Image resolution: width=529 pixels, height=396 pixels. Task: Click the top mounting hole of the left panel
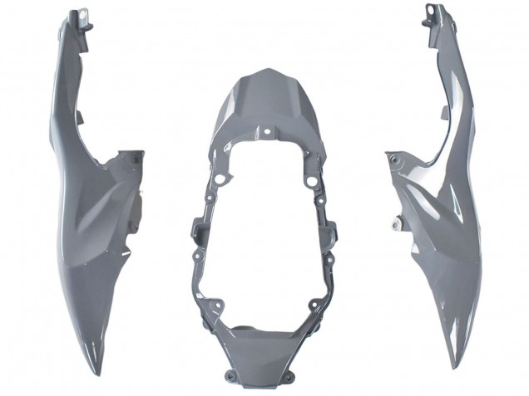83,13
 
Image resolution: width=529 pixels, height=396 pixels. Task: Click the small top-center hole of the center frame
266,131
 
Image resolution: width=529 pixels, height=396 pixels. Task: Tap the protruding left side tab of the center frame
197,227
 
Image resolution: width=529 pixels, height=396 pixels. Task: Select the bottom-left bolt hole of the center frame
218,310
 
